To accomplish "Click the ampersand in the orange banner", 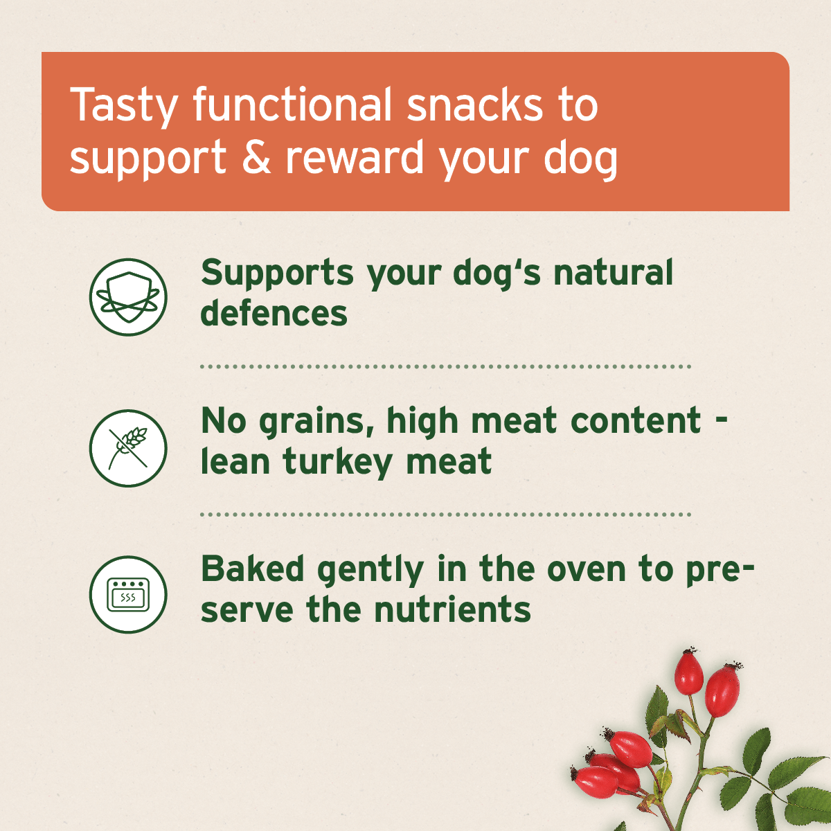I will tap(256, 157).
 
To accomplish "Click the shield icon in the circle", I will tap(128, 297).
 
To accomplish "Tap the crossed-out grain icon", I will tap(128, 447).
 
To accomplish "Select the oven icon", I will tap(128, 594).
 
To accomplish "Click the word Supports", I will tap(277, 273).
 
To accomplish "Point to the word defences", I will tap(274, 313).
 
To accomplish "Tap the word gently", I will tap(370, 571).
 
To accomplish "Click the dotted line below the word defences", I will tap(445, 366).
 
